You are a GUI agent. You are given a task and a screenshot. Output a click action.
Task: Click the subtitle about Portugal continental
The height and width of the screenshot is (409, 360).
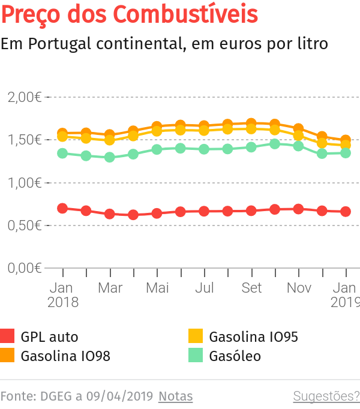click(x=164, y=44)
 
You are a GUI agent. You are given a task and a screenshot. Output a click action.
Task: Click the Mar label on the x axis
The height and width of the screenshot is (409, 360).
click(x=110, y=288)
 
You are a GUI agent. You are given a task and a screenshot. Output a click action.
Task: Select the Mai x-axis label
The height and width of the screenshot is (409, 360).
click(x=157, y=288)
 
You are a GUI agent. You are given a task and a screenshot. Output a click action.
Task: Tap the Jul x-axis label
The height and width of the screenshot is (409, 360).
click(x=205, y=288)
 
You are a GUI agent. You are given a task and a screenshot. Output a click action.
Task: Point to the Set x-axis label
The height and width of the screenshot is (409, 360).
click(x=251, y=288)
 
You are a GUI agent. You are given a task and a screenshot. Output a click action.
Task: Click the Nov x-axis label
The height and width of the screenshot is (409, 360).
click(x=299, y=288)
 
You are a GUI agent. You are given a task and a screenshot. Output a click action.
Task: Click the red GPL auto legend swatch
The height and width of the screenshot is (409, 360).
click(x=7, y=336)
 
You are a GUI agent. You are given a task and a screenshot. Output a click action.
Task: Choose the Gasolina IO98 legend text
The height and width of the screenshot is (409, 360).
click(x=65, y=356)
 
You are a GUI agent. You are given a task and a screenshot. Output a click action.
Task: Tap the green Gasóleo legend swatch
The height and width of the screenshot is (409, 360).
click(x=196, y=356)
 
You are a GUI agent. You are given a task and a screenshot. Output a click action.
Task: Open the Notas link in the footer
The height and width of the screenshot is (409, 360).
click(x=176, y=396)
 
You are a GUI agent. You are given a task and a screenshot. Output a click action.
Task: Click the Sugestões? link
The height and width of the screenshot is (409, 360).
click(x=326, y=396)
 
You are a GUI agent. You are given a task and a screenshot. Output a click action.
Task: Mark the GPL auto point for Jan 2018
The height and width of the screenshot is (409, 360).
click(x=62, y=208)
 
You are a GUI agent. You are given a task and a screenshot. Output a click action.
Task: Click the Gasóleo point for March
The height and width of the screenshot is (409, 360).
click(x=110, y=157)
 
